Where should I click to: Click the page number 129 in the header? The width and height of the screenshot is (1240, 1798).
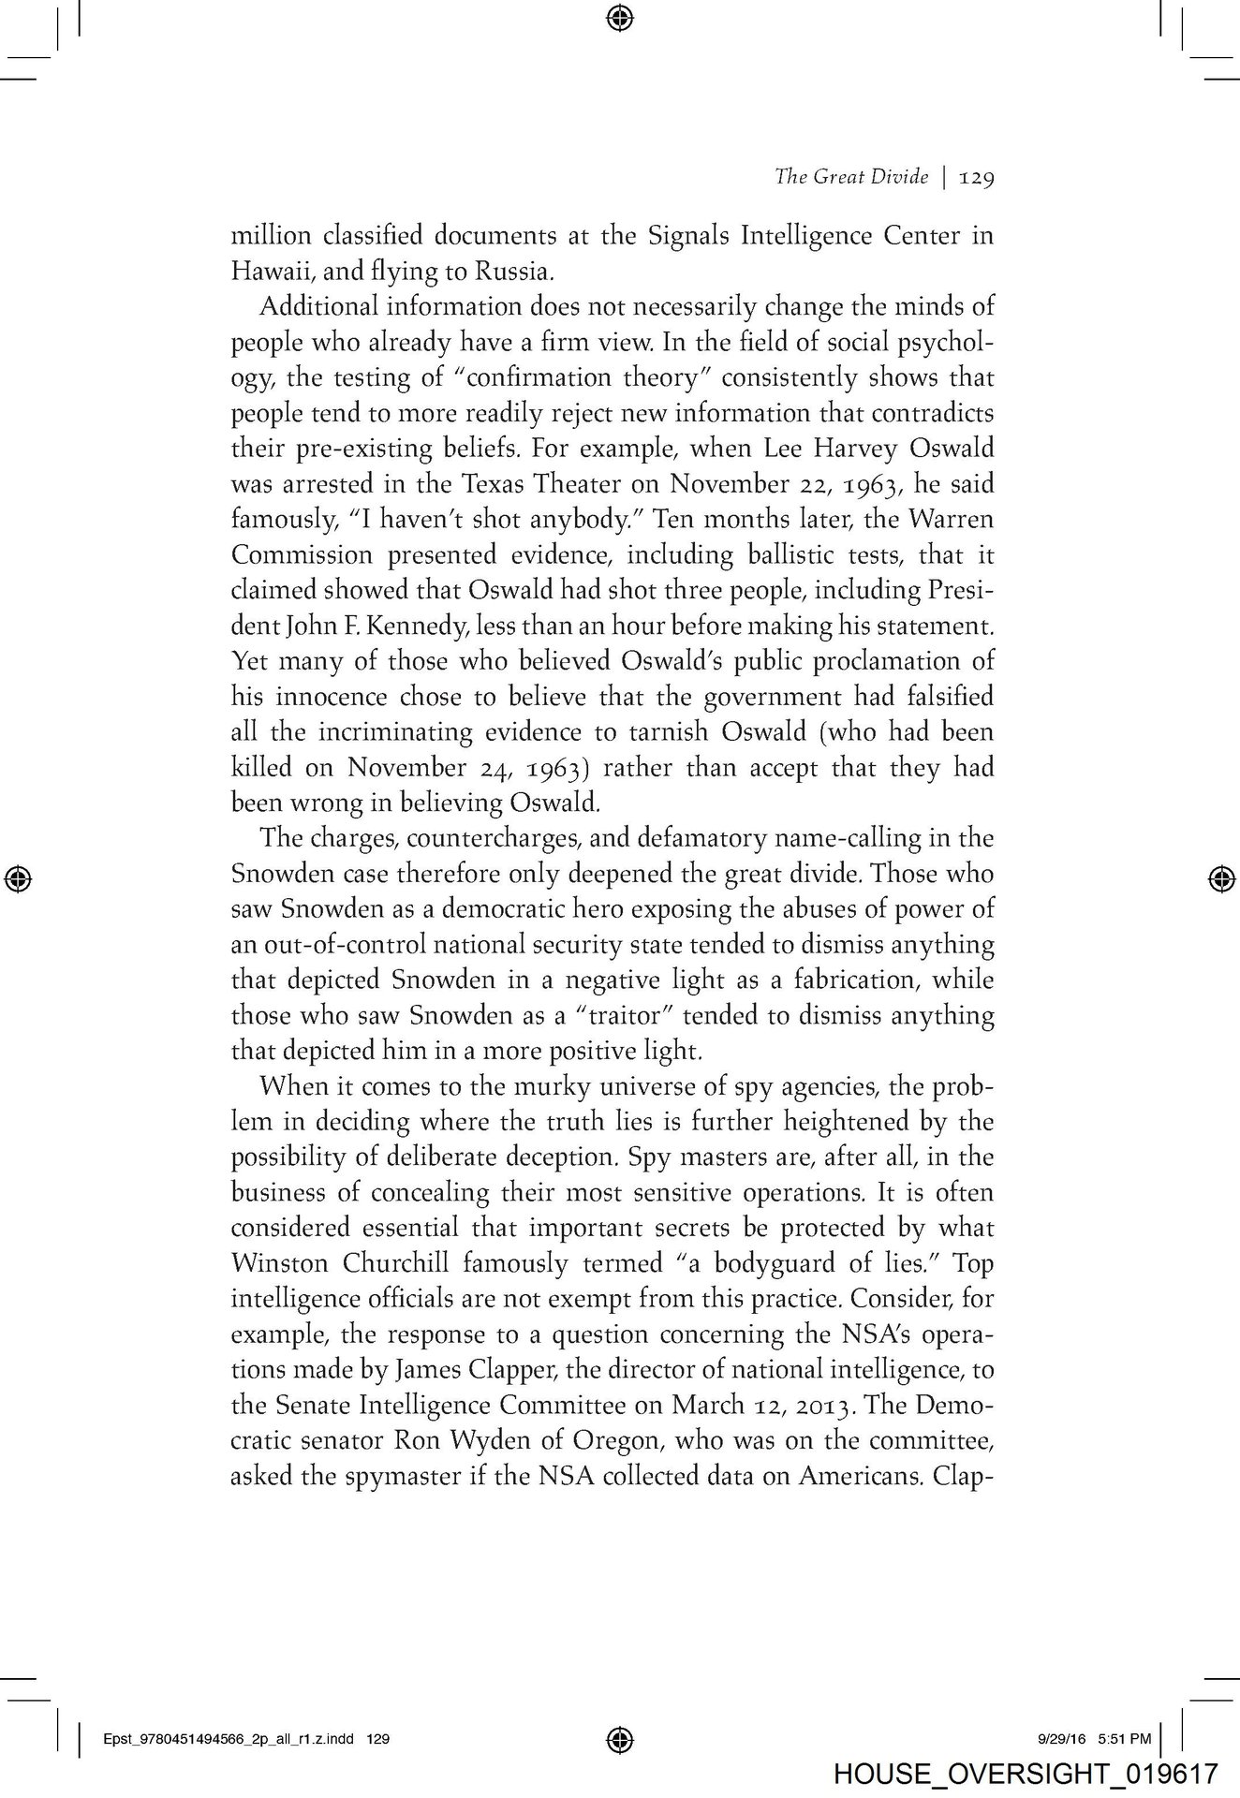point(975,178)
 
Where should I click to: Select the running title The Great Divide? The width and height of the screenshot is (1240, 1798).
point(850,177)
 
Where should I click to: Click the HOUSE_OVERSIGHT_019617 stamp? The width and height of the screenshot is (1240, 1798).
point(1026,1774)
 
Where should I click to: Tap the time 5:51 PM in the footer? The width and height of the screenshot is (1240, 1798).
point(1124,1739)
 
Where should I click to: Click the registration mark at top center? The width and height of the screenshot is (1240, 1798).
point(619,17)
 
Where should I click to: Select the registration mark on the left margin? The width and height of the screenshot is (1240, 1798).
point(19,877)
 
